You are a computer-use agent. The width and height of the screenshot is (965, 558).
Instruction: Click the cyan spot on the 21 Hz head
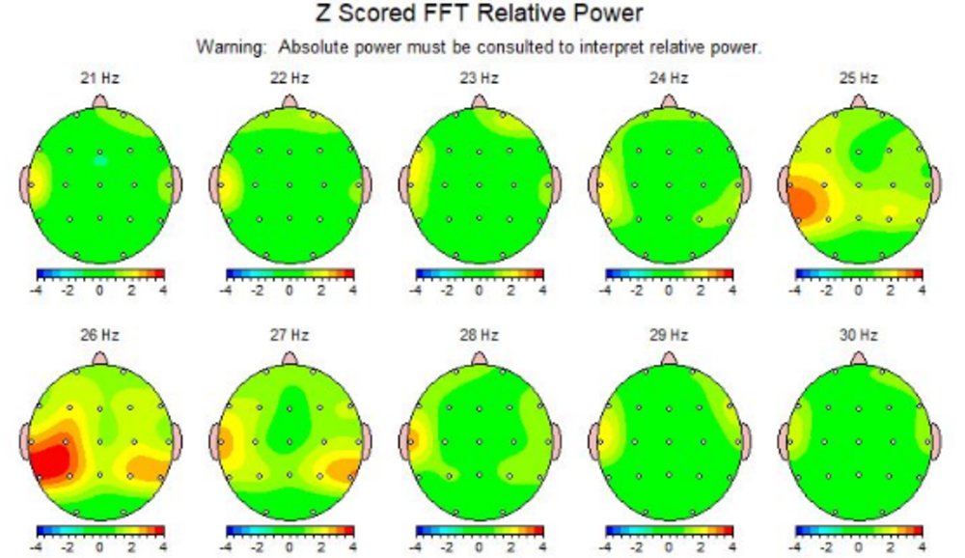point(100,159)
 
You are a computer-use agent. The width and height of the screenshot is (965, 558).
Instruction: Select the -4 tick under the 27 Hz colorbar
point(228,547)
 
